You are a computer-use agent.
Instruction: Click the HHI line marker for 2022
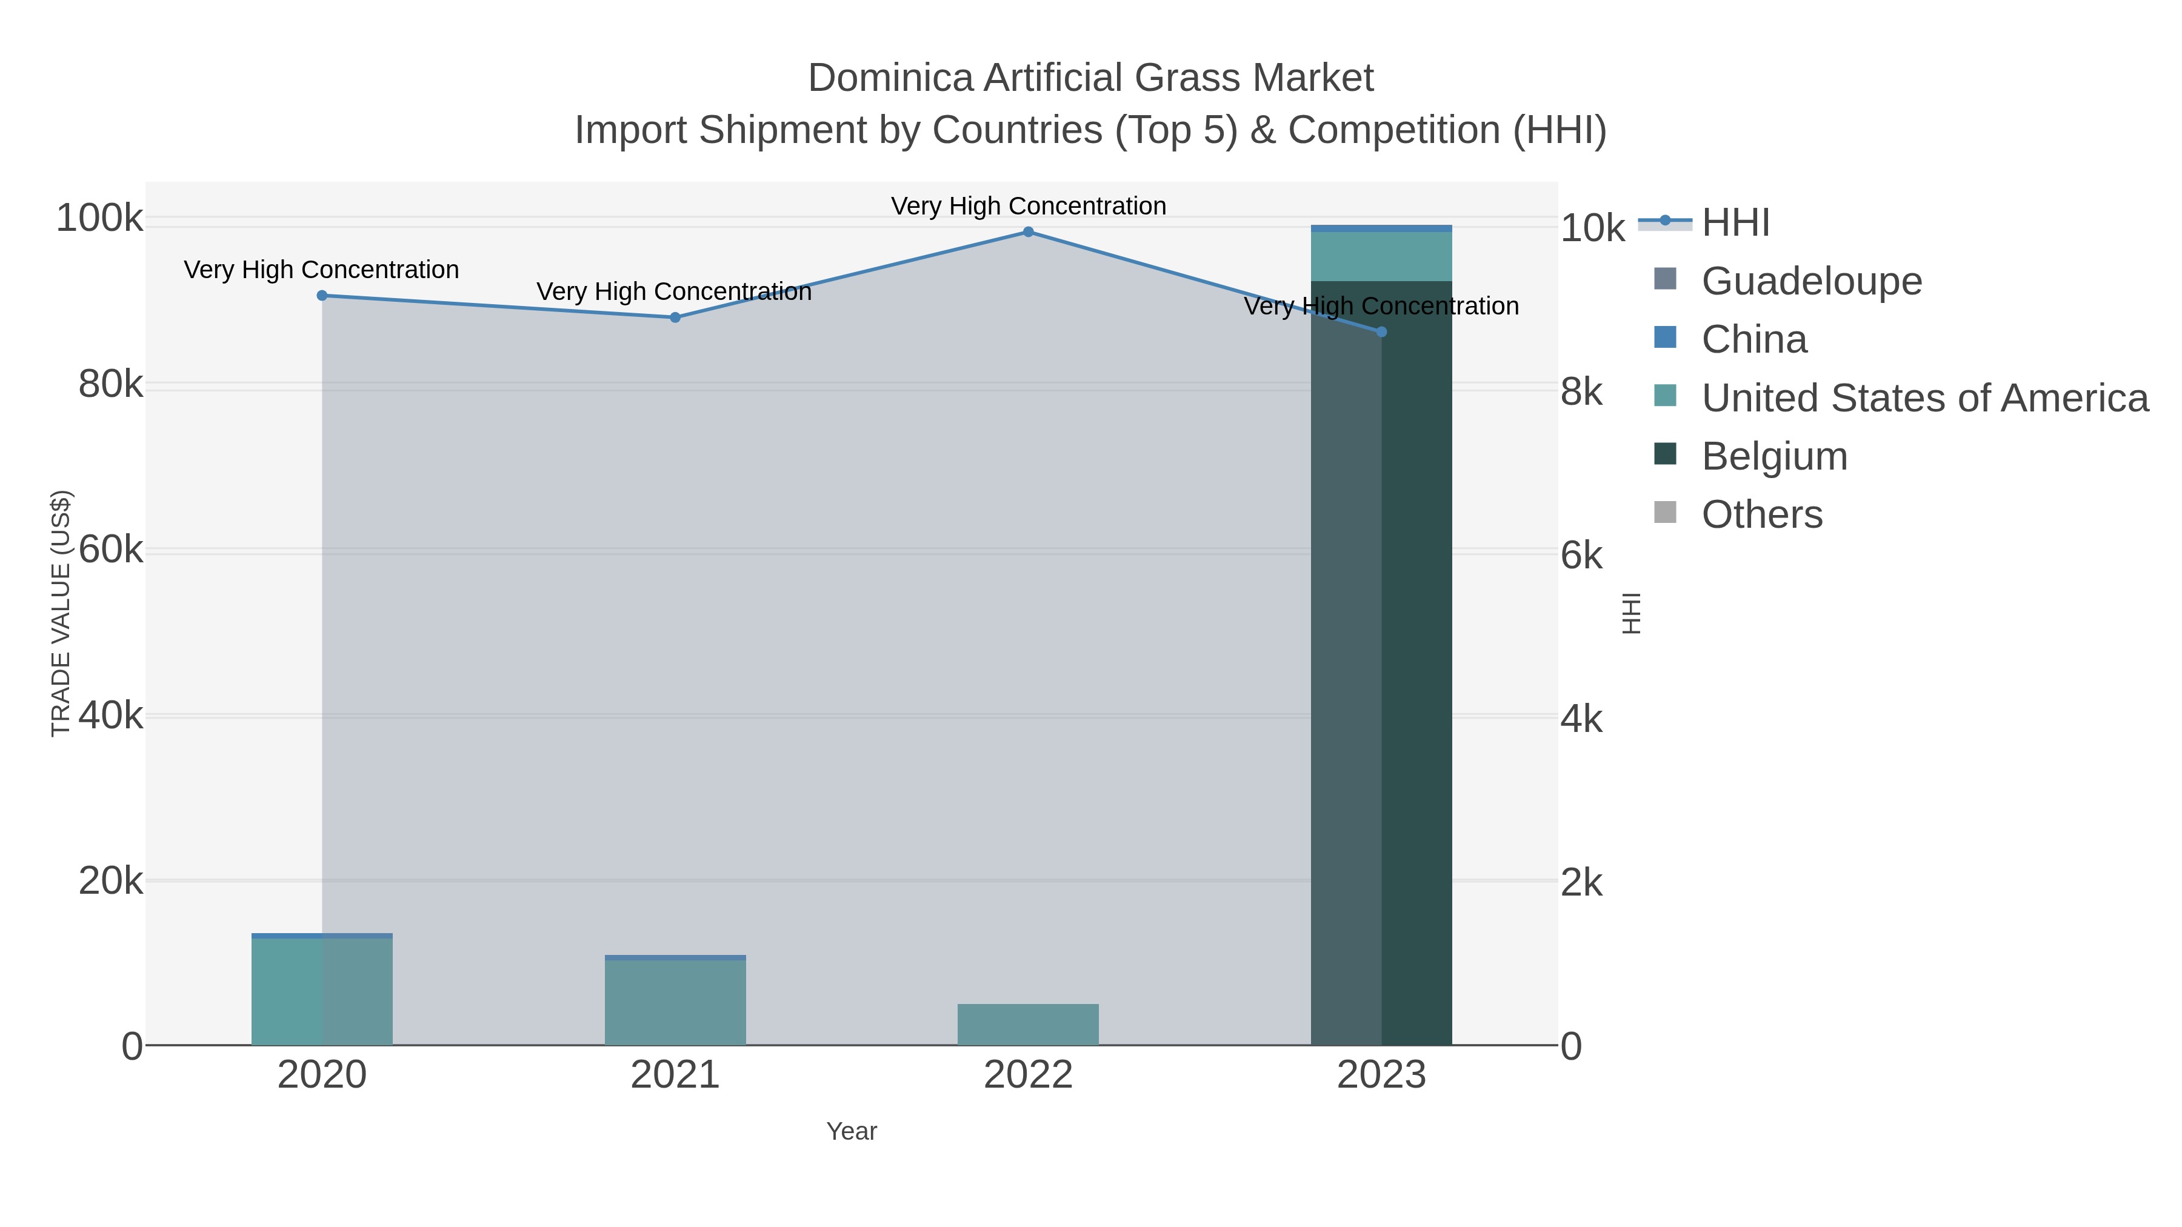(x=1029, y=232)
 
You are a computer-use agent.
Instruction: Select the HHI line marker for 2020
(x=322, y=296)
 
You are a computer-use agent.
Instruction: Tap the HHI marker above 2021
(x=675, y=318)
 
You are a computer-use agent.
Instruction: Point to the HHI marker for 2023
(x=1381, y=332)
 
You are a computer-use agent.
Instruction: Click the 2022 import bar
(x=1029, y=1025)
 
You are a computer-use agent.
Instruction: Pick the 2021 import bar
(x=675, y=1003)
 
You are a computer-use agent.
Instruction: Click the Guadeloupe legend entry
(x=1811, y=281)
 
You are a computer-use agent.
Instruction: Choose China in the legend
(x=1753, y=339)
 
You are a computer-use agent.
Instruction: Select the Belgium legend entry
(x=1773, y=456)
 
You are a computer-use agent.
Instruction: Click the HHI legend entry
(x=1735, y=223)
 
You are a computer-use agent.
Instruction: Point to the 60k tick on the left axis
(x=111, y=550)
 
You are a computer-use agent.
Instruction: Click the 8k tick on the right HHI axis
(x=1581, y=392)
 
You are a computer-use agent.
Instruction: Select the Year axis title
(x=852, y=1131)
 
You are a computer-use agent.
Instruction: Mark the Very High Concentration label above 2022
(x=1029, y=206)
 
